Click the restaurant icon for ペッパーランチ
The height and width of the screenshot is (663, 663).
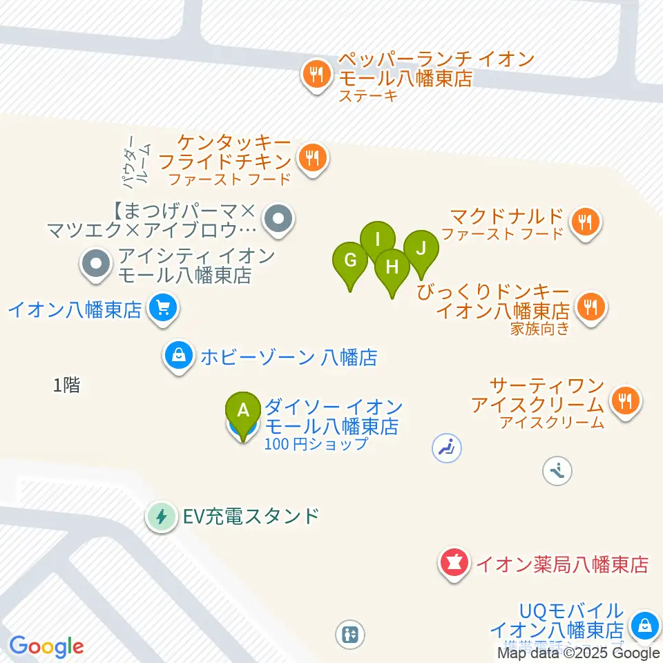pyautogui.click(x=317, y=74)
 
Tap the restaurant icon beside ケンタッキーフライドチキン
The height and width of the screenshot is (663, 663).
pyautogui.click(x=313, y=159)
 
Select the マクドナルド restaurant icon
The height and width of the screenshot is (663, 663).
pyautogui.click(x=586, y=222)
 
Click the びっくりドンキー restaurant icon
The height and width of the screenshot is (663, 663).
pyautogui.click(x=590, y=305)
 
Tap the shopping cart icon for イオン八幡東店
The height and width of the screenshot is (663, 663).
pyautogui.click(x=162, y=307)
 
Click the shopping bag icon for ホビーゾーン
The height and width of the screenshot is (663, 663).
pyautogui.click(x=179, y=356)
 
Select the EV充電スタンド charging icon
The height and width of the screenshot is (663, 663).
pyautogui.click(x=162, y=516)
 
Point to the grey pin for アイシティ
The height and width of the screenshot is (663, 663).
pyautogui.click(x=96, y=263)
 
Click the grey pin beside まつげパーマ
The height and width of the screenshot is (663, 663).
pyautogui.click(x=279, y=220)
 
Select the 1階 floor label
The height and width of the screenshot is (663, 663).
pyautogui.click(x=67, y=386)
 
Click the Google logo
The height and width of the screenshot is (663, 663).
pyautogui.click(x=47, y=646)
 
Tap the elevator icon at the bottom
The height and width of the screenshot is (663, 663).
pyautogui.click(x=350, y=634)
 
